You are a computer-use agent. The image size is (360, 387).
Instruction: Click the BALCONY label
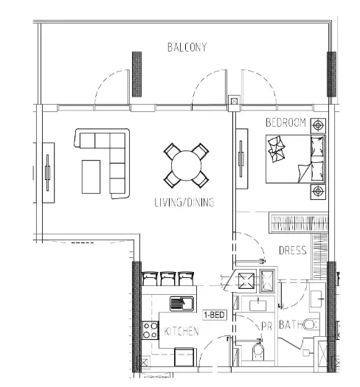(x=187, y=47)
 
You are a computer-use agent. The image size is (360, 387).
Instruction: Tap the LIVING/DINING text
(x=184, y=203)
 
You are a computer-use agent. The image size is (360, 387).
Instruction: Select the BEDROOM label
(x=285, y=122)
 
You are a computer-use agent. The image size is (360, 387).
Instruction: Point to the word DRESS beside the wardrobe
(x=293, y=251)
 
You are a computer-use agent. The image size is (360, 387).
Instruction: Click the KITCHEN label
(x=181, y=332)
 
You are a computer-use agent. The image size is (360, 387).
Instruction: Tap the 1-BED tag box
(x=215, y=315)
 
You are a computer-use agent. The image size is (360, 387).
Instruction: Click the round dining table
(x=186, y=165)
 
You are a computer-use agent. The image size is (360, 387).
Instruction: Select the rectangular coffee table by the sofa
(x=91, y=177)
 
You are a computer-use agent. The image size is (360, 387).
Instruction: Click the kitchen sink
(x=181, y=304)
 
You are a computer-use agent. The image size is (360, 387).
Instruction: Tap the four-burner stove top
(x=150, y=330)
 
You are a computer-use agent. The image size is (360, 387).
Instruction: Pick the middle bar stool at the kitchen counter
(x=168, y=279)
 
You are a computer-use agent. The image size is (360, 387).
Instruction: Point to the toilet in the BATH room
(x=310, y=324)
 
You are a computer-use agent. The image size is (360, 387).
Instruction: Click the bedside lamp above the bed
(x=318, y=125)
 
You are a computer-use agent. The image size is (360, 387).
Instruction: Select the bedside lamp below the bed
(x=318, y=191)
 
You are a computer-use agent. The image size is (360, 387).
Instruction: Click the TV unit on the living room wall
(x=48, y=172)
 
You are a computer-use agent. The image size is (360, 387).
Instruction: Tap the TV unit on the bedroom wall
(x=241, y=158)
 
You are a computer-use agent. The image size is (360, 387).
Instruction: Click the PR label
(x=266, y=327)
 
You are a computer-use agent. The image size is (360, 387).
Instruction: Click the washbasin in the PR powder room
(x=258, y=305)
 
